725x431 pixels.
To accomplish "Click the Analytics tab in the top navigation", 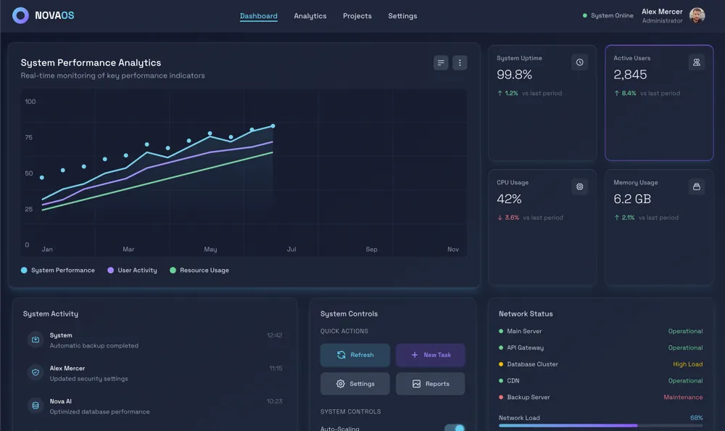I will coord(310,16).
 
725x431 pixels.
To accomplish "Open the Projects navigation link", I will coord(357,16).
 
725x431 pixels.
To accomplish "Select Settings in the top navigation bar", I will coord(402,16).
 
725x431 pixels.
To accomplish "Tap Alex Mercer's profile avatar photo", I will coord(697,15).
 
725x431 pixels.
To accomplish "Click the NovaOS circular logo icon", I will coord(21,15).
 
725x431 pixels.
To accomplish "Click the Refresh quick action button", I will coord(355,355).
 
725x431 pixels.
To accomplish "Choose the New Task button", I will coord(431,355).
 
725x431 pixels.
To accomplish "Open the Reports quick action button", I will coord(431,384).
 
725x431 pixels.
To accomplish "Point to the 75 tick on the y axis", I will coord(29,137).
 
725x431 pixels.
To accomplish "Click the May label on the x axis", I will coord(210,250).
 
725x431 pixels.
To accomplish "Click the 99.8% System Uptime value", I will coord(515,75).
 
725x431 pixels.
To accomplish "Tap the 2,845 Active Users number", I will coord(630,75).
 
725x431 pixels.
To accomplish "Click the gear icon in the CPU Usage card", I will coord(579,186).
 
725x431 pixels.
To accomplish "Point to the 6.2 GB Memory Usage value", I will coord(632,199).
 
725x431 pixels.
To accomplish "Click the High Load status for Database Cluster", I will coord(687,364).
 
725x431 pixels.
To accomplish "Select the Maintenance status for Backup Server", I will coord(683,398).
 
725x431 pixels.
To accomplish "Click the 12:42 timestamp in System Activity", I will coord(274,335).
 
